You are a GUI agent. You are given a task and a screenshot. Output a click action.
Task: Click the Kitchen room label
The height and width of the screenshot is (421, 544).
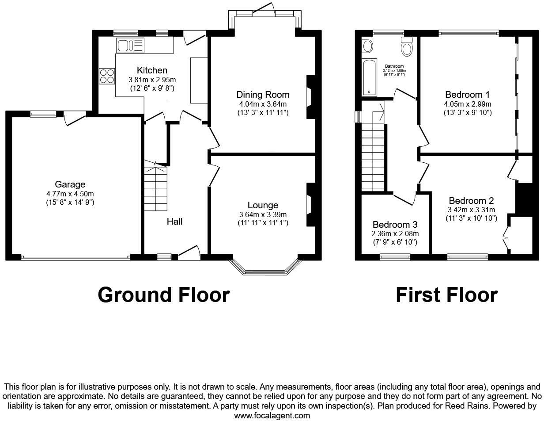tap(152, 70)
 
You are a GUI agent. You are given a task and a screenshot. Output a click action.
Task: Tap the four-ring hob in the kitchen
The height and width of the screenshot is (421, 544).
tap(106, 76)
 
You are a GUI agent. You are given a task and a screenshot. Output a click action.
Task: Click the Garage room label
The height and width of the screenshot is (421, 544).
tap(70, 184)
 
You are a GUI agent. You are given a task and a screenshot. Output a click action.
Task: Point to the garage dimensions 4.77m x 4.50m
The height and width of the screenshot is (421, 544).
tap(70, 194)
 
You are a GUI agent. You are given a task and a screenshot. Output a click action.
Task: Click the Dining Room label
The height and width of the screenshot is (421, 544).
tap(263, 95)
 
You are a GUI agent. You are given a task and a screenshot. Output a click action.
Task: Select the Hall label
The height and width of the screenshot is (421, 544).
tap(174, 222)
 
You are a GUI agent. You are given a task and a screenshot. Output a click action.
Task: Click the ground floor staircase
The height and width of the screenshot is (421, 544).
tap(155, 188)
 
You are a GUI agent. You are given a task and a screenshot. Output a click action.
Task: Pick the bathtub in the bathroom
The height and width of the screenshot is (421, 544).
tap(369, 77)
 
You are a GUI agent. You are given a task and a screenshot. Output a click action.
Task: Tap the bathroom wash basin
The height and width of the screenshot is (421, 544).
tap(367, 46)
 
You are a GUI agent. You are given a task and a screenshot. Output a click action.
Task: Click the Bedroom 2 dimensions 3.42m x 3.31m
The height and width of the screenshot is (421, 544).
tap(471, 210)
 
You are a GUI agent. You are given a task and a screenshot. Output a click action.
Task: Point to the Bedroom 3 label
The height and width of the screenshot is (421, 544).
tap(395, 225)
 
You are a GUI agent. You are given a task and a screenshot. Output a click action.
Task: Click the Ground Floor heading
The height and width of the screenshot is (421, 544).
tap(163, 295)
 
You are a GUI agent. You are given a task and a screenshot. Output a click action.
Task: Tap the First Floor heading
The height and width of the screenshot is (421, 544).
tap(446, 295)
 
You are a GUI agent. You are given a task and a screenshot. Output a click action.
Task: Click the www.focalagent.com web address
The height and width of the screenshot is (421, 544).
tap(272, 415)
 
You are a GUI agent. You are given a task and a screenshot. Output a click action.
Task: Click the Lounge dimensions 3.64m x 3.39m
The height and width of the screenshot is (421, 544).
tap(263, 214)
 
